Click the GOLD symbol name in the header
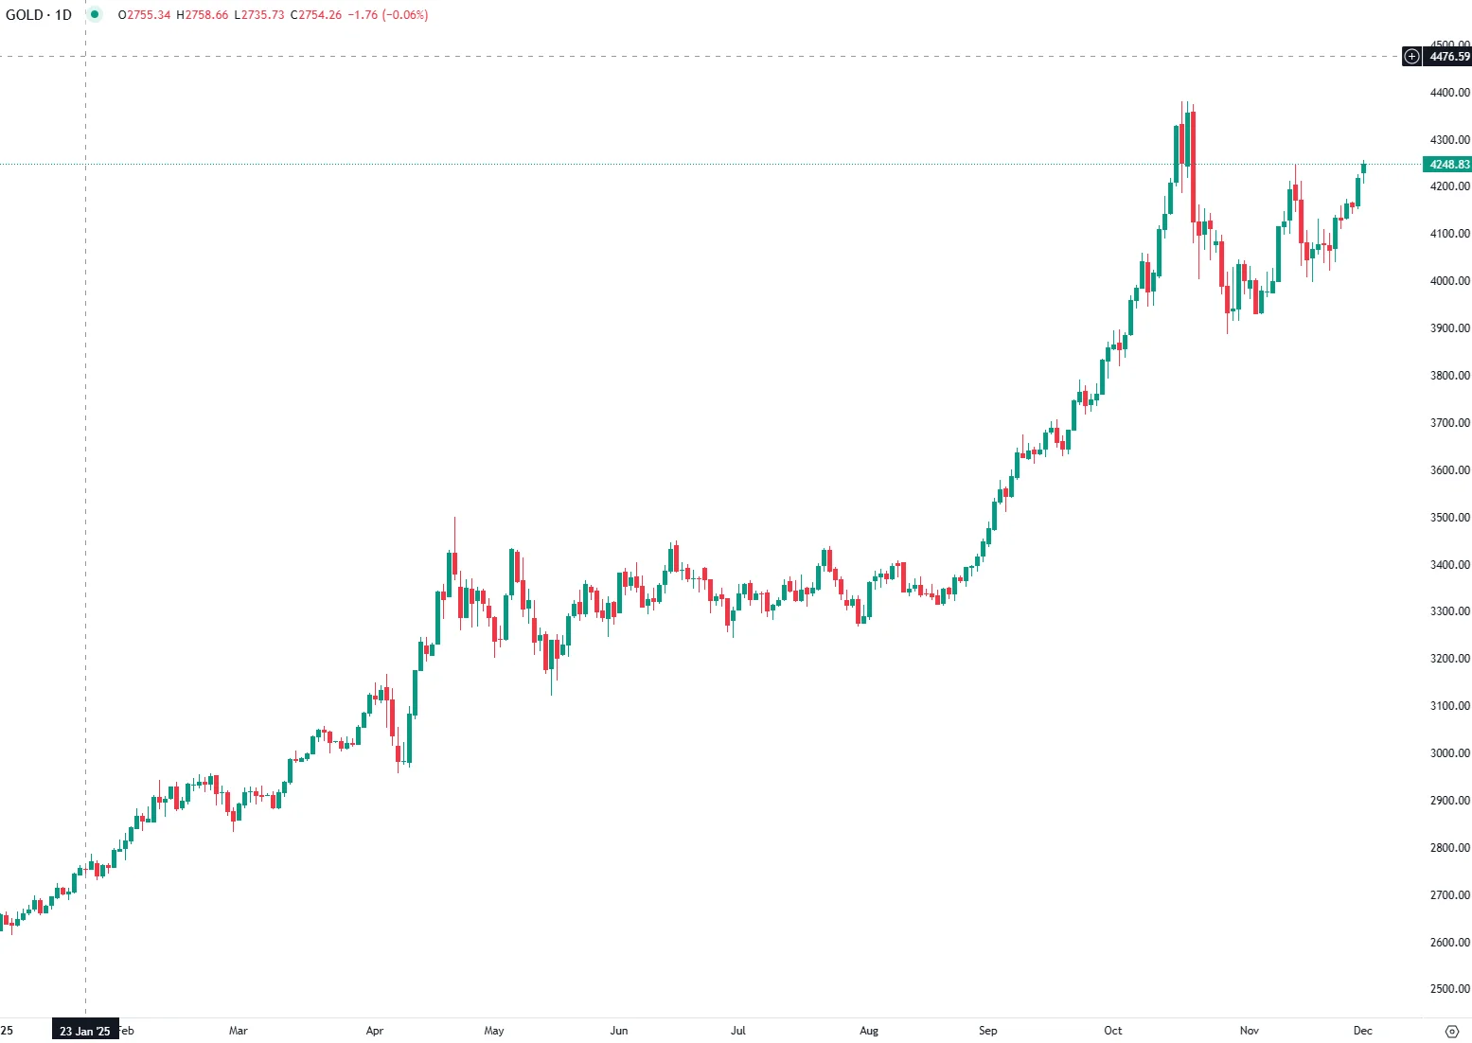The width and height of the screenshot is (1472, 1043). (24, 15)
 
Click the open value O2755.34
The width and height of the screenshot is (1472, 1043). (144, 15)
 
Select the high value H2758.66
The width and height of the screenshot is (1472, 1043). (203, 15)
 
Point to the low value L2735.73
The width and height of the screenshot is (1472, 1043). (259, 15)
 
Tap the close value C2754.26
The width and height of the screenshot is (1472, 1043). (316, 15)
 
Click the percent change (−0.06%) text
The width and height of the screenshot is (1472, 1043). (405, 15)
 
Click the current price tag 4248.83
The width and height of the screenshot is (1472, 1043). (1448, 165)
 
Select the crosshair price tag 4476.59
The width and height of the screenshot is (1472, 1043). (1449, 57)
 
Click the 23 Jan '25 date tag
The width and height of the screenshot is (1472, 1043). (85, 1031)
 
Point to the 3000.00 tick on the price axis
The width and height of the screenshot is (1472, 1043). (1449, 753)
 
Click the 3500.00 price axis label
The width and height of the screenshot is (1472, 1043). (1449, 518)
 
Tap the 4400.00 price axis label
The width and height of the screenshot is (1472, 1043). (1449, 93)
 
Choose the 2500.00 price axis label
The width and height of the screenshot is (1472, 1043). (1449, 989)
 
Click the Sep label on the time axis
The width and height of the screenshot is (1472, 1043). (987, 1031)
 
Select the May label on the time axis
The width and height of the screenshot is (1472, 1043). (494, 1031)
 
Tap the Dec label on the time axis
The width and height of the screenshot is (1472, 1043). (1362, 1031)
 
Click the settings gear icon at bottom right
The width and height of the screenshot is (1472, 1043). (1452, 1031)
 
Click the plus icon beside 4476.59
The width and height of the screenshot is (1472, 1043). (1411, 57)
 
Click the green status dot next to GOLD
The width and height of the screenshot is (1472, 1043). (95, 15)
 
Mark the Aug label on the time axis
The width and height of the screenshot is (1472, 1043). (869, 1031)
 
